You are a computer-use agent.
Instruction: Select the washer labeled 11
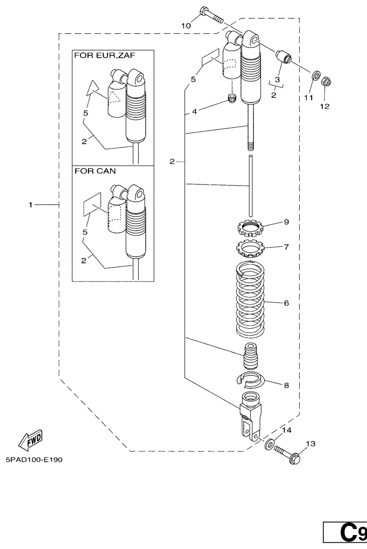(316, 76)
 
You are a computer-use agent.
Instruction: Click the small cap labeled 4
(232, 100)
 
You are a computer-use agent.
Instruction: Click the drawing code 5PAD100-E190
(34, 459)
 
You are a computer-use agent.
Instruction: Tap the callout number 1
(31, 205)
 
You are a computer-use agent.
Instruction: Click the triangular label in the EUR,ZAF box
(93, 88)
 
